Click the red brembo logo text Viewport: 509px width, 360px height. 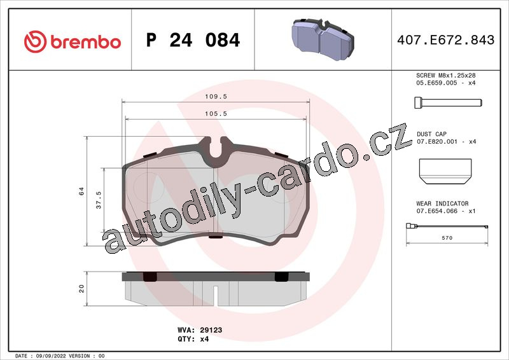point(86,42)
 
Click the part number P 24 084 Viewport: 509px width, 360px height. point(193,40)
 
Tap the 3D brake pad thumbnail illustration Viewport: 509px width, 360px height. point(323,39)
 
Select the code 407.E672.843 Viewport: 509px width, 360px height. point(446,40)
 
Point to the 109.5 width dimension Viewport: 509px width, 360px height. point(216,97)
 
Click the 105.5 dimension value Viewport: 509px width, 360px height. point(216,114)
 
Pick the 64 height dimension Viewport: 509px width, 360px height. point(81,191)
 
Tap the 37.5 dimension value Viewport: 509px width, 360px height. point(99,200)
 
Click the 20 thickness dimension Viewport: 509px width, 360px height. point(81,289)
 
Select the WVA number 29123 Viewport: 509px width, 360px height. point(211,330)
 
